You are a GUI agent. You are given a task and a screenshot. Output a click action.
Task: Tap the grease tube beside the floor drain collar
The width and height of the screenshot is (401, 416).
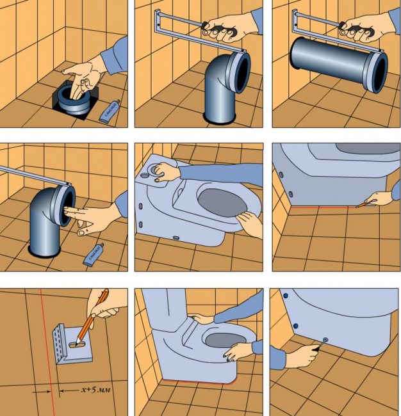pyautogui.click(x=110, y=111)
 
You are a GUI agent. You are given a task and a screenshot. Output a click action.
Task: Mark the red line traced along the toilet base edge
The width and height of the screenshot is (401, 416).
pyautogui.click(x=320, y=207)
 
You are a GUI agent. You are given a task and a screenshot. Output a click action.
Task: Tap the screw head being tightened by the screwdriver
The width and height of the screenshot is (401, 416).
pyautogui.click(x=327, y=340)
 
